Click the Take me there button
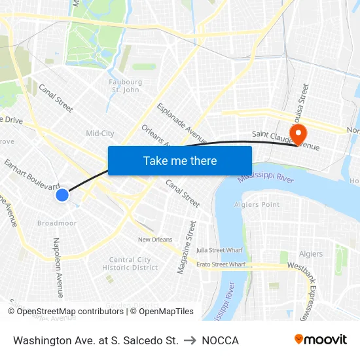(x=180, y=160)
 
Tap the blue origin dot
(x=62, y=194)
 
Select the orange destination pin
(x=298, y=135)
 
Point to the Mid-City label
(x=100, y=134)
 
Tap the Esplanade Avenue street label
(x=181, y=122)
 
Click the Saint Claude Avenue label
(x=286, y=141)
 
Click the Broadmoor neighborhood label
(x=57, y=223)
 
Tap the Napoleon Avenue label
(x=56, y=267)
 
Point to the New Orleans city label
(x=155, y=240)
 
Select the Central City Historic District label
(x=130, y=264)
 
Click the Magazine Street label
(x=186, y=247)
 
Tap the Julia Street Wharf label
(x=219, y=249)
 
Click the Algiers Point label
(x=257, y=205)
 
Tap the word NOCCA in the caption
(x=220, y=340)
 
